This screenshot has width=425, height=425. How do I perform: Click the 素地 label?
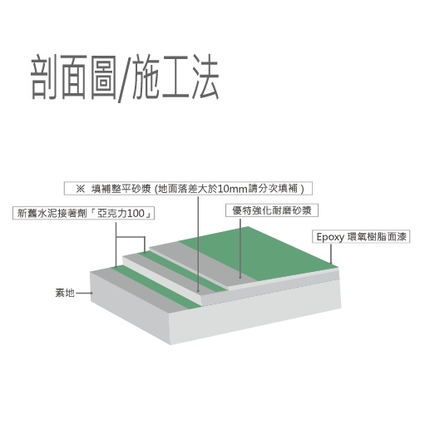pyautogui.click(x=65, y=293)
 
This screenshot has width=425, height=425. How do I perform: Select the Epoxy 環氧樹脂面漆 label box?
pyautogui.click(x=361, y=237)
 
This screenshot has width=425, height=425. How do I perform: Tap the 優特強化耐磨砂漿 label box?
pyautogui.click(x=272, y=210)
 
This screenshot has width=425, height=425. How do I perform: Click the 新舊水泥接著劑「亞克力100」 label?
pyautogui.click(x=83, y=213)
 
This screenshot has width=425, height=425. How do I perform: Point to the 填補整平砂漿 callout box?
pyautogui.click(x=188, y=189)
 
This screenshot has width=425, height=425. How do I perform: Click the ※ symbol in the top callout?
pyautogui.click(x=80, y=189)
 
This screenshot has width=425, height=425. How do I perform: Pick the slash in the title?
pyautogui.click(x=125, y=79)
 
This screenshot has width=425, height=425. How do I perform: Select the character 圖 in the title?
pyautogui.click(x=104, y=77)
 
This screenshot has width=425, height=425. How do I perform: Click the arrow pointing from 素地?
pyautogui.click(x=84, y=293)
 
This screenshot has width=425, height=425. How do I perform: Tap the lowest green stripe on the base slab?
pyautogui.click(x=156, y=287)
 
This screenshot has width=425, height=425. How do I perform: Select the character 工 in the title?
pyautogui.click(x=175, y=77)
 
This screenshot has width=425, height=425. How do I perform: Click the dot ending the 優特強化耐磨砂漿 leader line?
pyautogui.click(x=240, y=277)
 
